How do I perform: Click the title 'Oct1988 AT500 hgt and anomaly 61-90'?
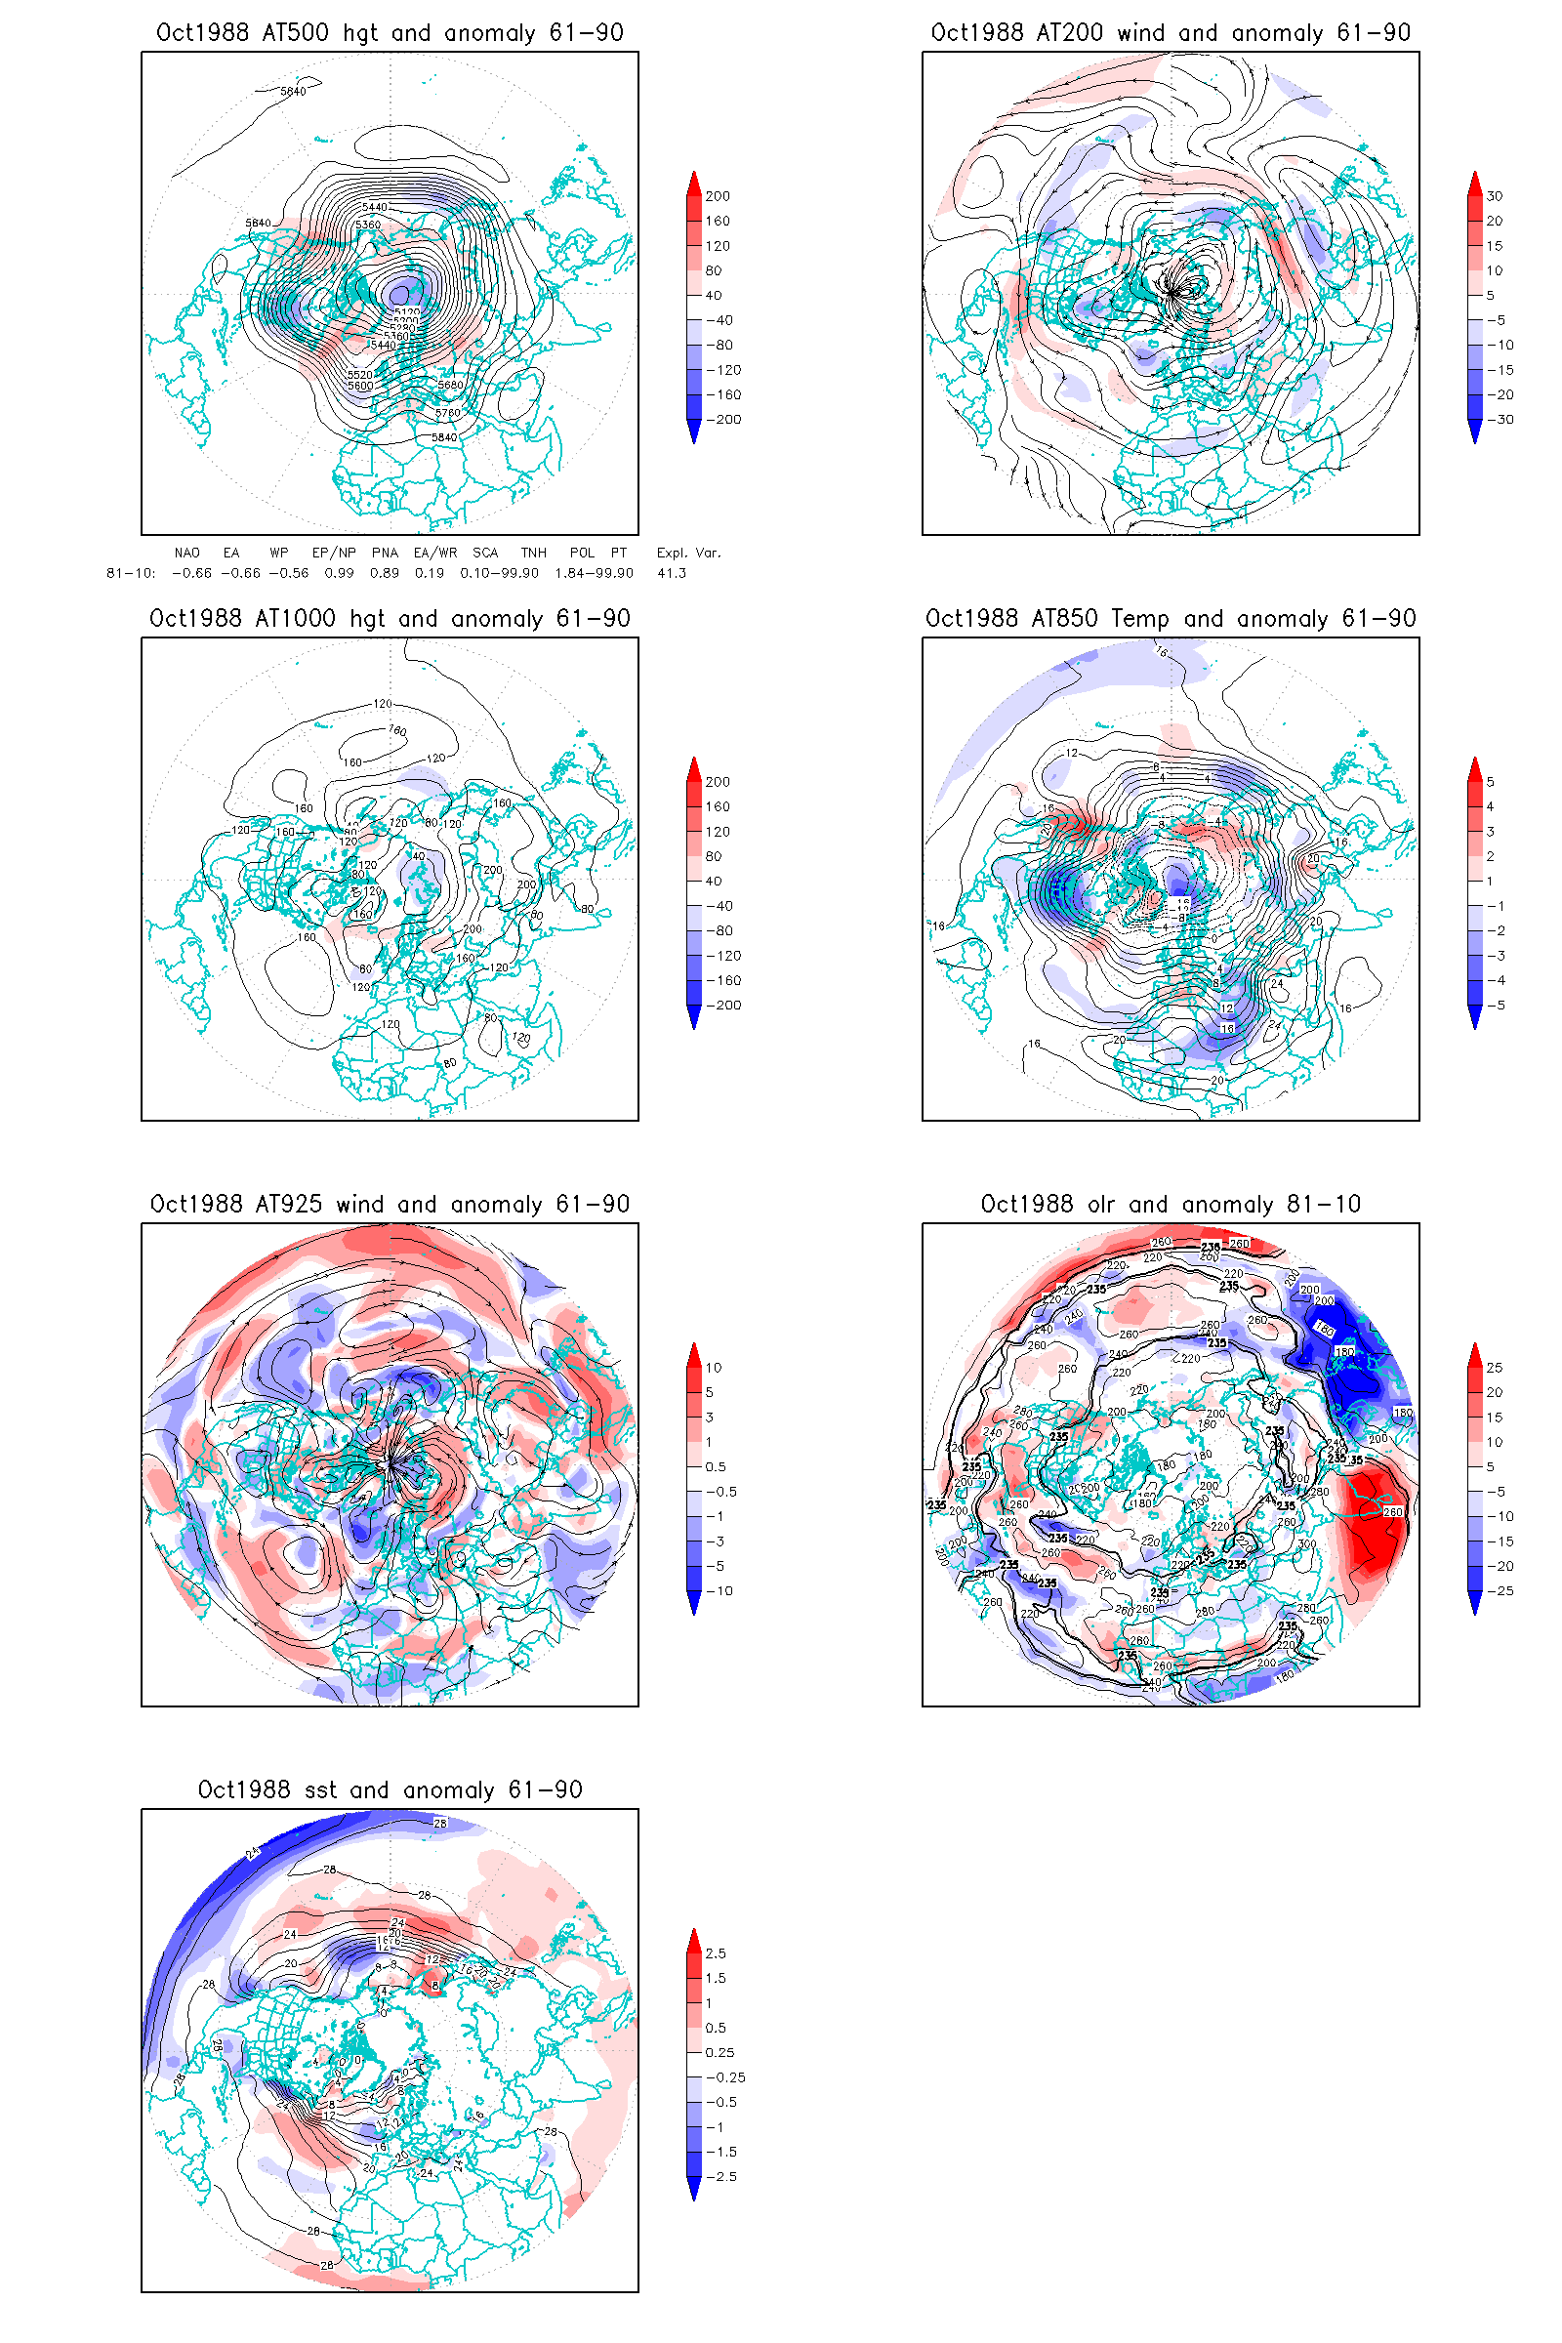(x=390, y=33)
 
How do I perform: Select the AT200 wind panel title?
(x=1171, y=33)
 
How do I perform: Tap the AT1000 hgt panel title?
(x=390, y=619)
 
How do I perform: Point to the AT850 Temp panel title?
(x=1171, y=619)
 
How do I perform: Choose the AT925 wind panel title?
(x=390, y=1205)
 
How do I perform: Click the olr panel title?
(x=1171, y=1205)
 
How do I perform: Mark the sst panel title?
(x=390, y=1790)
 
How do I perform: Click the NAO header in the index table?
(x=186, y=553)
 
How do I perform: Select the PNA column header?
(x=385, y=553)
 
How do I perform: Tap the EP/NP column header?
(x=334, y=553)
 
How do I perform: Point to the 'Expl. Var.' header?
(x=688, y=553)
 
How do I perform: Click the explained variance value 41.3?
(x=672, y=573)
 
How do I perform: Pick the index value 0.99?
(x=339, y=573)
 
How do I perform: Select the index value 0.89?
(x=385, y=573)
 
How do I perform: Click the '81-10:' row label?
(x=131, y=573)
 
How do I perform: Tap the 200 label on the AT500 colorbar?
(x=718, y=196)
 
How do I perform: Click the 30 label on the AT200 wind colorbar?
(x=1495, y=196)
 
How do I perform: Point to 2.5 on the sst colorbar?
(x=716, y=1953)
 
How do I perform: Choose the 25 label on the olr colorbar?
(x=1495, y=1368)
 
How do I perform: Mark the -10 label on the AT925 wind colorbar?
(x=719, y=1591)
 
